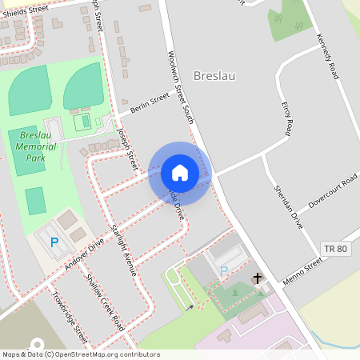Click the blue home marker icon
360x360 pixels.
tap(180, 173)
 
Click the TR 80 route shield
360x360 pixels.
tap(337, 249)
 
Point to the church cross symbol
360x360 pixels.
tap(258, 278)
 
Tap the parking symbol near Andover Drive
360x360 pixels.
tap(54, 242)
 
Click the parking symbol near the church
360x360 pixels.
tap(223, 271)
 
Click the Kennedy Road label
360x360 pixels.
tap(327, 53)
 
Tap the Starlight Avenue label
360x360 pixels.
tap(124, 250)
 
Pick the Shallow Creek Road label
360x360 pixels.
tap(106, 309)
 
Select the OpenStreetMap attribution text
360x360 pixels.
tap(80, 354)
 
